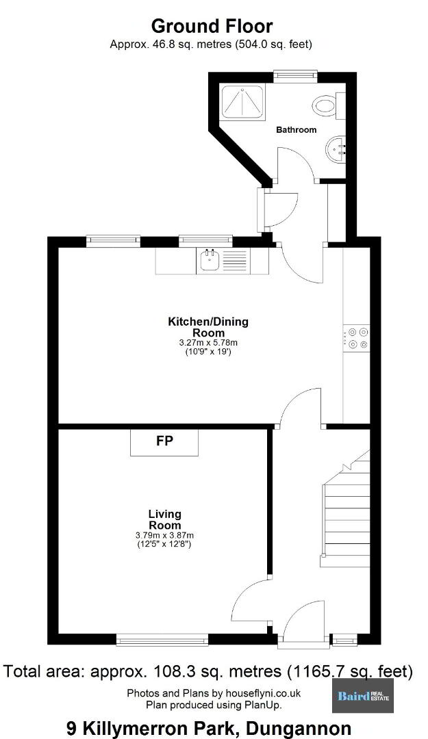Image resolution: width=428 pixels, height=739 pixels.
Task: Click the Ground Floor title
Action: pos(212,25)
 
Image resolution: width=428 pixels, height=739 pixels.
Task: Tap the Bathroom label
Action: pos(297,129)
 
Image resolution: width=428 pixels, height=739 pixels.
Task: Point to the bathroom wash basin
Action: pos(336,150)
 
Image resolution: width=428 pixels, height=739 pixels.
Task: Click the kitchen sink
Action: pos(210,261)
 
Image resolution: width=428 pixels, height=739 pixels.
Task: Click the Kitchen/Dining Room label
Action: pos(208,328)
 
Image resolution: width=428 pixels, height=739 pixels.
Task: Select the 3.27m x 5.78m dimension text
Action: pos(208,343)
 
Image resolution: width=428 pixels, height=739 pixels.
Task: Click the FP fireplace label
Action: pos(164,441)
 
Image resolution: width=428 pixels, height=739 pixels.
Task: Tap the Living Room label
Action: pos(164,519)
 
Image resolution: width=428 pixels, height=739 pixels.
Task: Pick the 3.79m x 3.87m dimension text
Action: pos(164,535)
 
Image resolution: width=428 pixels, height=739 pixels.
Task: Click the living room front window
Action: pos(162,640)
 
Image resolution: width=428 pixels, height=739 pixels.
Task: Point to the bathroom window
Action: pos(295,76)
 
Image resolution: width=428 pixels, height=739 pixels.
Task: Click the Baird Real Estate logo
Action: pos(363,696)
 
